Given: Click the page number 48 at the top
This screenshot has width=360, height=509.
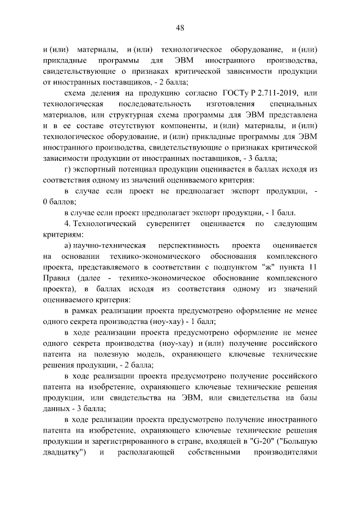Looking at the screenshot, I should pyautogui.click(x=180, y=27).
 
